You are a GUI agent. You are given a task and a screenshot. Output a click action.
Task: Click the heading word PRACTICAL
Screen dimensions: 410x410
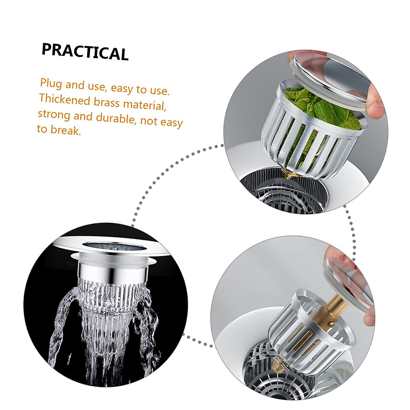85,52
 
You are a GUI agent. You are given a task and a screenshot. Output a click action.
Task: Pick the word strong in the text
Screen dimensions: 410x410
54,114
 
